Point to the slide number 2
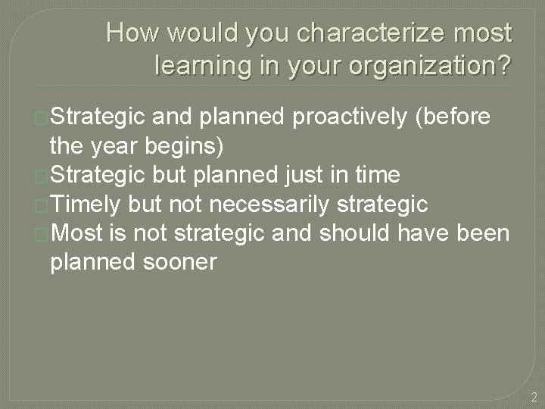pyautogui.click(x=534, y=396)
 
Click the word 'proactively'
pyautogui.click(x=355, y=117)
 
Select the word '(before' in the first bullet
pyautogui.click(x=459, y=117)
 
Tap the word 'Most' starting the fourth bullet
pyautogui.click(x=78, y=233)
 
